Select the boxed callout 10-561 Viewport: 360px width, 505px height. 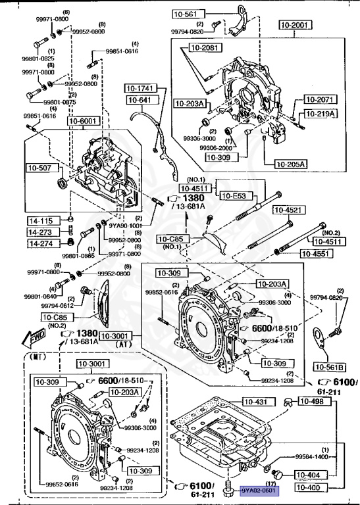pos(186,13)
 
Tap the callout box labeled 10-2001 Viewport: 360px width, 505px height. pos(294,26)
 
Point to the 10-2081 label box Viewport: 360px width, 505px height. pos(205,47)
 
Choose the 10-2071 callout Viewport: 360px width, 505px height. pos(320,99)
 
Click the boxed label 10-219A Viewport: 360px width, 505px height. pos(320,114)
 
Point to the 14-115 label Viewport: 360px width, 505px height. pos(40,221)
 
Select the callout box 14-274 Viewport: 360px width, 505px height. pos(40,243)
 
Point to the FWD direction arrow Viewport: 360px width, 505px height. pos(33,338)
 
